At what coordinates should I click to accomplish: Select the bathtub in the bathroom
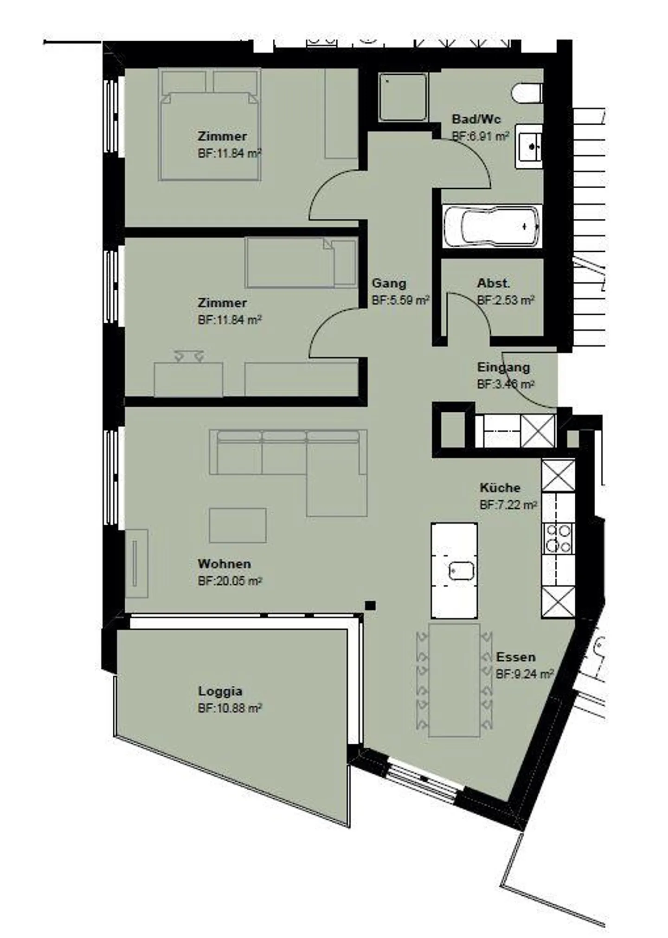pos(492,227)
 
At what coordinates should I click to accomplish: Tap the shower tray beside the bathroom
pos(402,97)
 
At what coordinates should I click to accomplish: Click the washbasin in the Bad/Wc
pos(529,146)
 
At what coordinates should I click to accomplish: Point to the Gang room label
pos(389,283)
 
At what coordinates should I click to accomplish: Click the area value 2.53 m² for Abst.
pos(506,300)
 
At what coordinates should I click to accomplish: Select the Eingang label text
pos(503,367)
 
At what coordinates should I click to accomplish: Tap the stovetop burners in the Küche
pos(558,538)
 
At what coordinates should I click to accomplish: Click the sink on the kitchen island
pos(462,571)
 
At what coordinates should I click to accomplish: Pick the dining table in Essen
pos(454,680)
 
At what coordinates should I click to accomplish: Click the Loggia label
pos(220,691)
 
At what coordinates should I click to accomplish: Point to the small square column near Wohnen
pos(370,605)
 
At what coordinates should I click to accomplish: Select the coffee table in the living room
pos(238,525)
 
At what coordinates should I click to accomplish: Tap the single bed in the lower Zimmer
pos(301,262)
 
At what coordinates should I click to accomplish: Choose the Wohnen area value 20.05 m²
pos(230,581)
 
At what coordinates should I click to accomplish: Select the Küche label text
pos(500,488)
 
